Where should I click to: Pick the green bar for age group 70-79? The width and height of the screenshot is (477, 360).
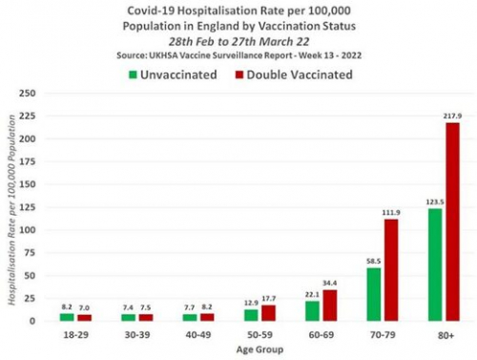click(x=374, y=294)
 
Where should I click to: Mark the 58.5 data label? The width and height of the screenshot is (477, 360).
click(x=373, y=260)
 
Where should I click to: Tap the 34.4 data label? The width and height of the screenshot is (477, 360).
click(x=328, y=282)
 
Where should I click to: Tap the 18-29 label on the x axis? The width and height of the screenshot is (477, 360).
click(x=73, y=335)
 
